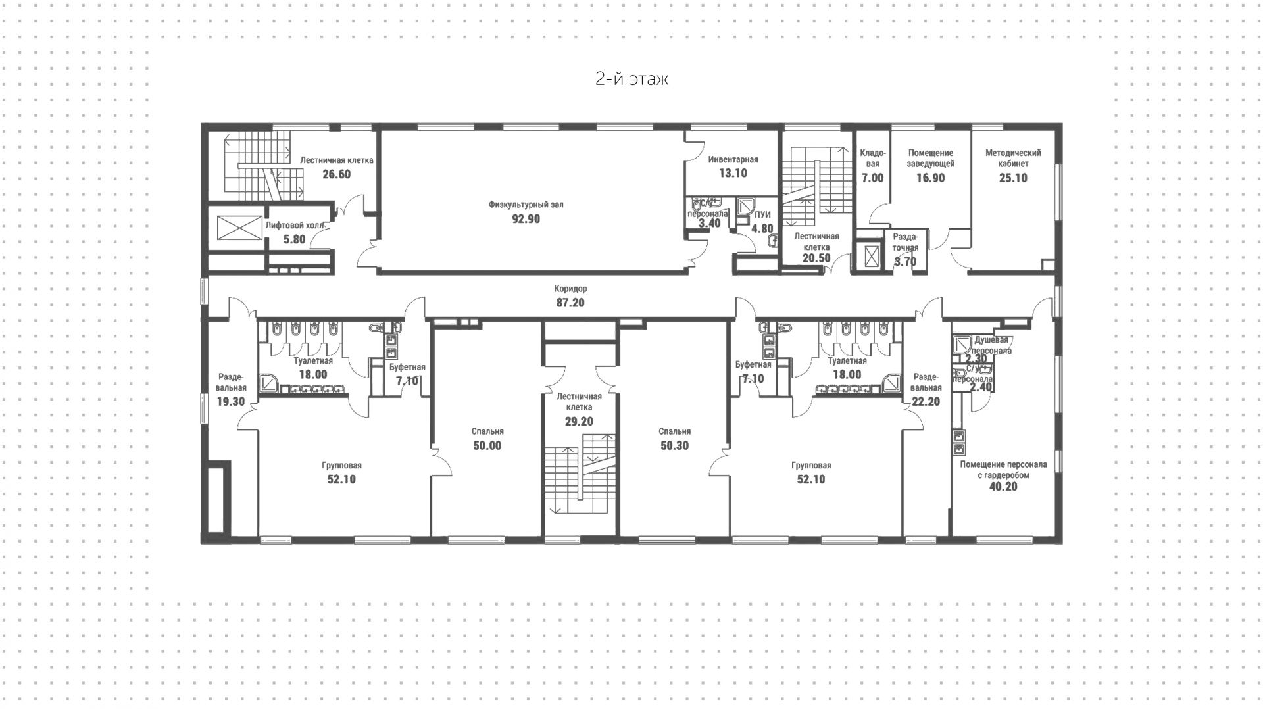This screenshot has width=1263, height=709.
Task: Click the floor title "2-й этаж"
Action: tap(631, 80)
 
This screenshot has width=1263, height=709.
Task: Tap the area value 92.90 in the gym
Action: tap(526, 219)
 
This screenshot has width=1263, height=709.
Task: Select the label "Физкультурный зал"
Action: tap(526, 205)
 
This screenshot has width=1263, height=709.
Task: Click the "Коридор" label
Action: tap(570, 289)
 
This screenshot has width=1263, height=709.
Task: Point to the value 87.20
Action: tap(570, 303)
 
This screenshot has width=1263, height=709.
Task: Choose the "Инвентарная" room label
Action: tap(733, 160)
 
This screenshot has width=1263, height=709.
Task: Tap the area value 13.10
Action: tap(733, 174)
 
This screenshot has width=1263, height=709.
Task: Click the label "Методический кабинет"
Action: tap(1013, 158)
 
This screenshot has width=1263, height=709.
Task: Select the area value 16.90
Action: tap(930, 178)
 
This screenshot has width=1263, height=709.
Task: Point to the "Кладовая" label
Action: tap(872, 158)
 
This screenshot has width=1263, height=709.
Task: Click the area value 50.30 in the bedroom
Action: tap(674, 446)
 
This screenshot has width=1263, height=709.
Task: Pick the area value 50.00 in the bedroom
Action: tap(487, 446)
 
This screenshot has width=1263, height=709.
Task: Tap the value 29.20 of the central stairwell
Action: tap(579, 422)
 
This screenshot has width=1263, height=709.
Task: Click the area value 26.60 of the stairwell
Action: tap(336, 175)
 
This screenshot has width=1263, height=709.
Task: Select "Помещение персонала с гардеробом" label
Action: tap(1003, 470)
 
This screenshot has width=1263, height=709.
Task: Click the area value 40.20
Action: tap(1003, 487)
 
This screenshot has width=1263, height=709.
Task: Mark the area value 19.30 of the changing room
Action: tap(231, 402)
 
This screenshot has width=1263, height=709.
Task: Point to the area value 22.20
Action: tap(926, 402)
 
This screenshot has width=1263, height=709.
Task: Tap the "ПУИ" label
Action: tap(762, 215)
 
